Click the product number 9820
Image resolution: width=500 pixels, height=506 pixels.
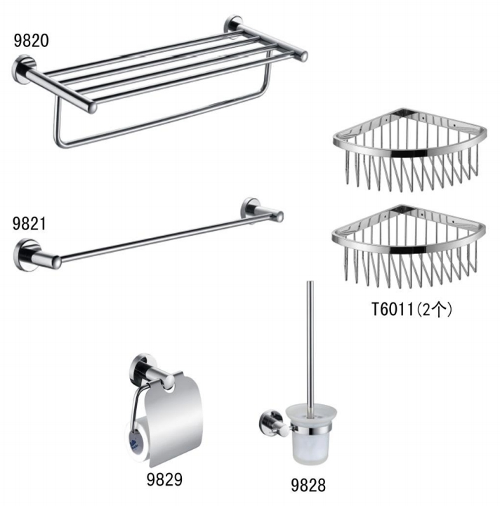[x=31, y=40]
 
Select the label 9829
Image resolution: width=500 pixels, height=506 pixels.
[x=165, y=480]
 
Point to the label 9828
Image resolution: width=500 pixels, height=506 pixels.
[x=308, y=484]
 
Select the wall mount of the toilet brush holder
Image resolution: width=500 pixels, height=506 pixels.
[x=267, y=422]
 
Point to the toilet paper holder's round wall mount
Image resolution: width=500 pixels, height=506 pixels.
[x=140, y=367]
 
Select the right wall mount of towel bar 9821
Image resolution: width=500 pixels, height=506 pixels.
[x=253, y=208]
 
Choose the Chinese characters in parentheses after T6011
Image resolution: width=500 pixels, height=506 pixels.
[x=435, y=309]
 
